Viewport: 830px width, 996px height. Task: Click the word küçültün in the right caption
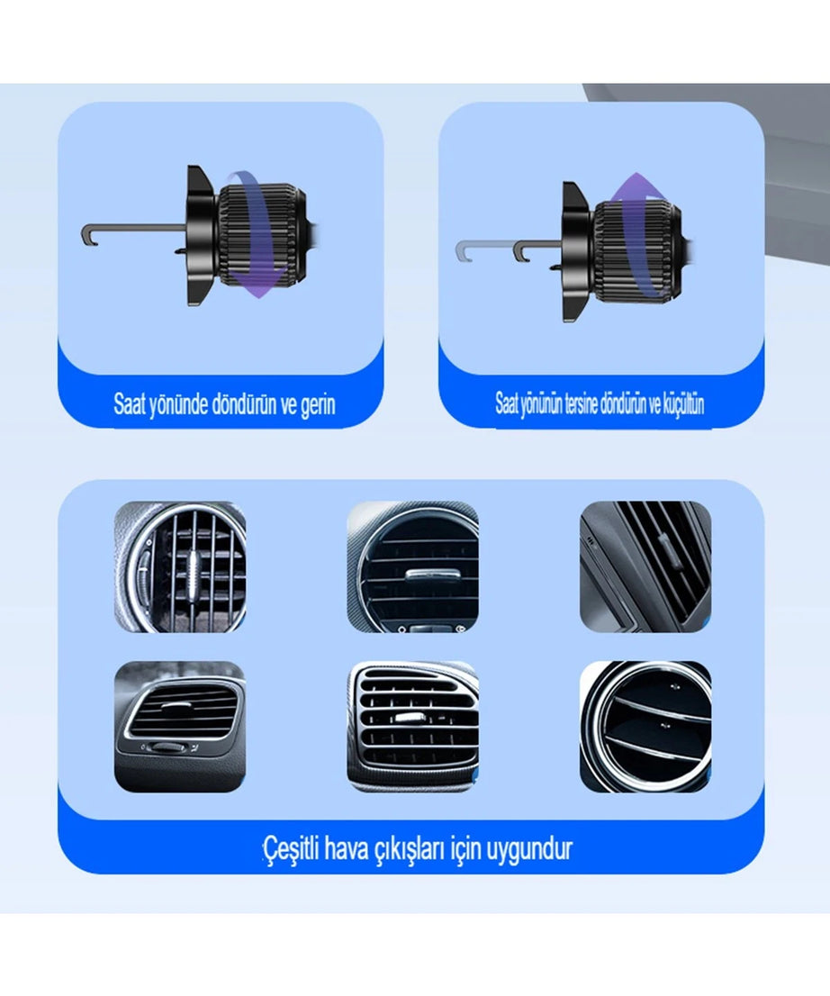pos(684,404)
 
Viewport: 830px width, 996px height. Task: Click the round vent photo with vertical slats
pos(180,566)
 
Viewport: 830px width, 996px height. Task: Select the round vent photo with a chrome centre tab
pos(413,566)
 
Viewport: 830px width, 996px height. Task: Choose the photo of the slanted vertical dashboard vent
pos(645,566)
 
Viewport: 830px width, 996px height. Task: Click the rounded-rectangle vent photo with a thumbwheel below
pos(180,727)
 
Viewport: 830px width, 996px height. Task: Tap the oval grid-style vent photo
pos(413,727)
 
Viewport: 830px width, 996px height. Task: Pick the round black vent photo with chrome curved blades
pos(645,727)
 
